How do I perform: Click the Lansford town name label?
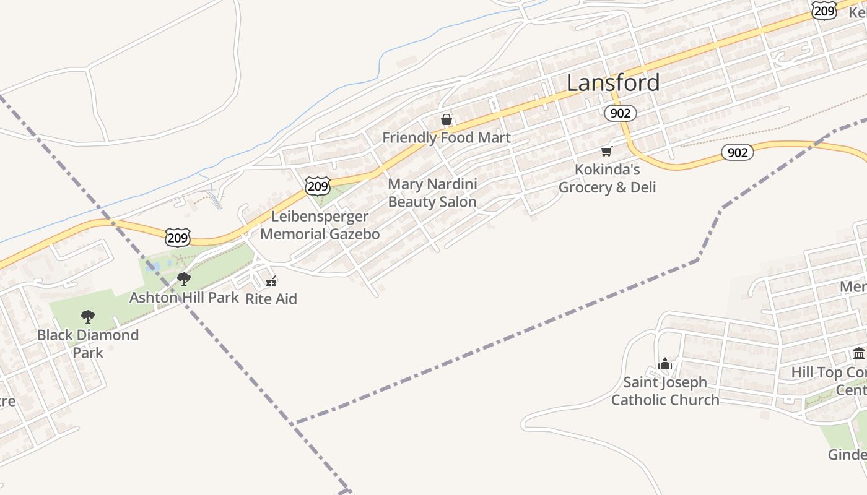click(x=613, y=83)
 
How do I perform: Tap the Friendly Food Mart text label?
click(x=446, y=137)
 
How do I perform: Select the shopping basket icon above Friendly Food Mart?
click(x=446, y=119)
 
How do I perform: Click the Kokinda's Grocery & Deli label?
click(x=607, y=178)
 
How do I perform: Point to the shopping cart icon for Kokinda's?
click(x=607, y=151)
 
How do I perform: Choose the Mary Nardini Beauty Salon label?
click(x=432, y=193)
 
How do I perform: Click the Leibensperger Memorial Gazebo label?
click(x=320, y=225)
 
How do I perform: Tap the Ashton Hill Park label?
click(x=183, y=298)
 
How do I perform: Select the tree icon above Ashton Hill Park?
click(x=183, y=279)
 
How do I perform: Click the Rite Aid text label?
click(x=271, y=299)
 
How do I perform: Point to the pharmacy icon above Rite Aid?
click(x=271, y=282)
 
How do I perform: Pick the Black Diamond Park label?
click(x=88, y=343)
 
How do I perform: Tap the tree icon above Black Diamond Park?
click(x=88, y=317)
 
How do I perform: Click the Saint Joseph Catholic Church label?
click(x=665, y=391)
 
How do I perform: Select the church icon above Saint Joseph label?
click(x=665, y=364)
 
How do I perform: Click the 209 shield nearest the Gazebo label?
click(x=317, y=185)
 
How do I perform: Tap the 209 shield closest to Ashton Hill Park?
click(x=178, y=237)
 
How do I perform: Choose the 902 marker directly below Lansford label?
click(x=620, y=113)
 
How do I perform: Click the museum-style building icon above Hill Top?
click(x=859, y=354)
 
